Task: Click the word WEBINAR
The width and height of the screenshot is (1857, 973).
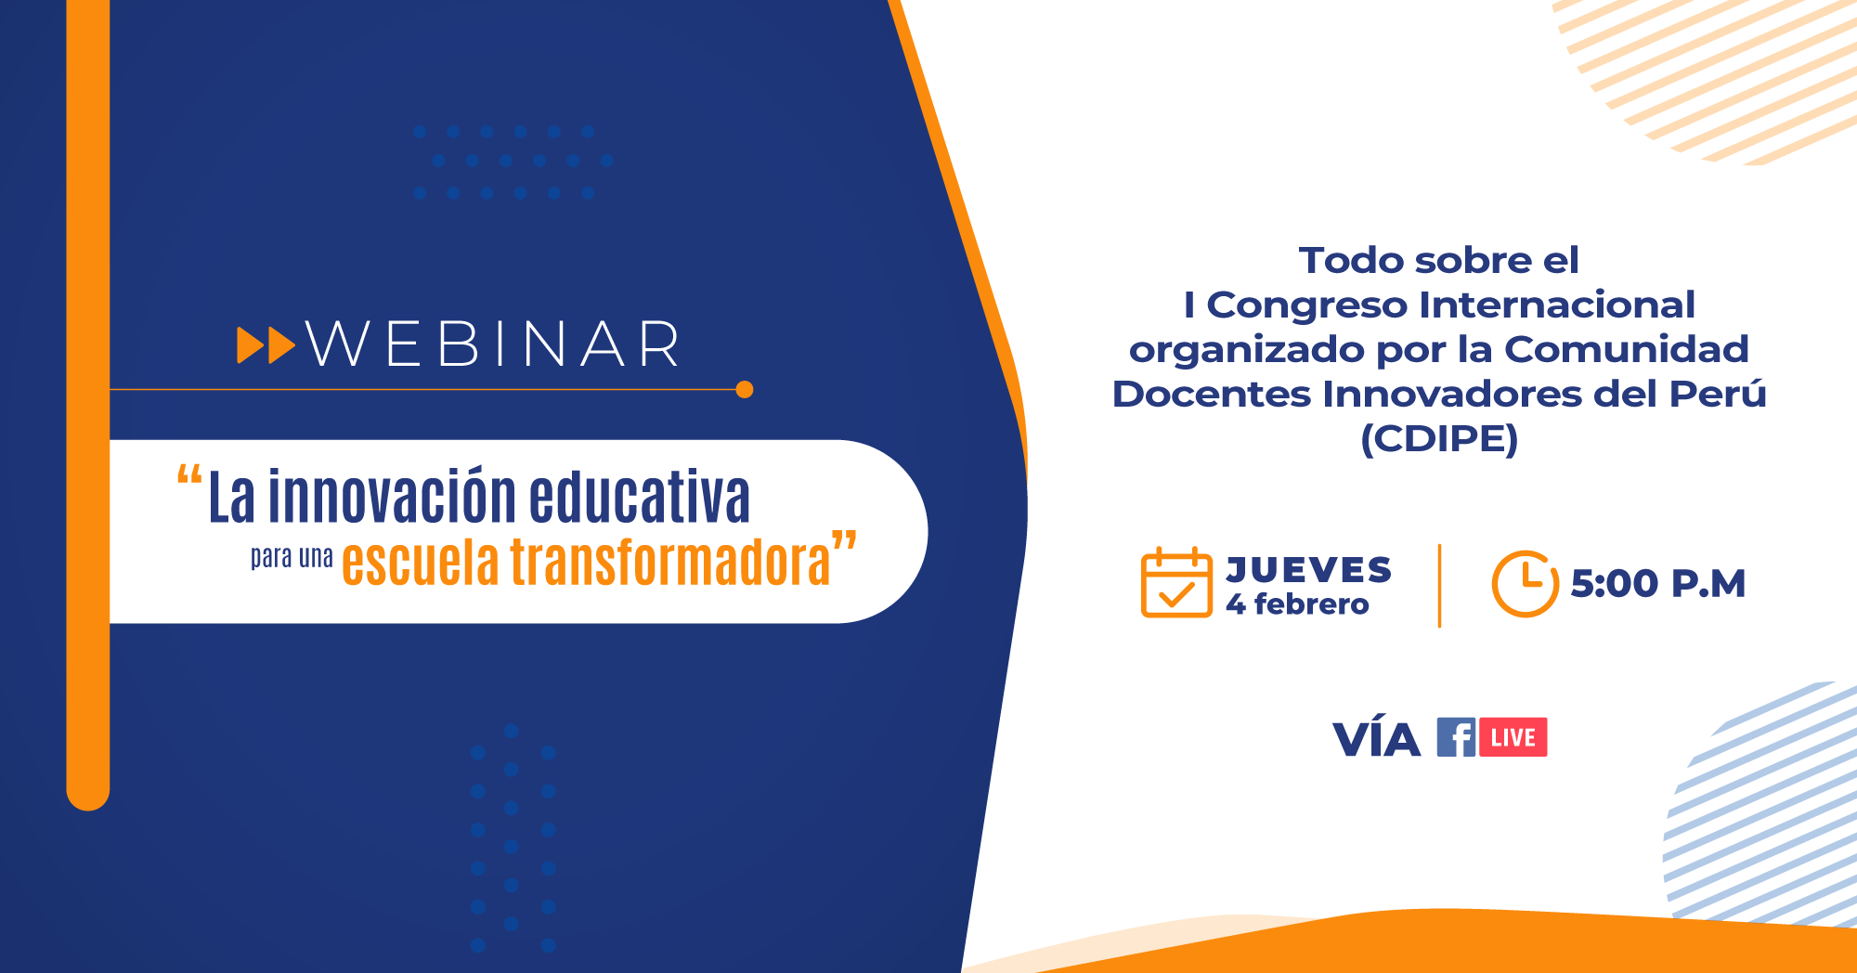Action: (493, 344)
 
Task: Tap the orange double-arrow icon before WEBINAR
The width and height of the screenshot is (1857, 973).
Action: (266, 345)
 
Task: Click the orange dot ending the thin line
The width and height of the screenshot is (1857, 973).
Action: (744, 389)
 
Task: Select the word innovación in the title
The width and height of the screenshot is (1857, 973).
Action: (393, 496)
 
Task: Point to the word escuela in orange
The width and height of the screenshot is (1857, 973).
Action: (421, 561)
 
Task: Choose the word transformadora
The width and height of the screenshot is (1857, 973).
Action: (670, 561)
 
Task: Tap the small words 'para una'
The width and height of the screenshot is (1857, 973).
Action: (292, 557)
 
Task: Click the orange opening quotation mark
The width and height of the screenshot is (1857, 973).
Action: (189, 476)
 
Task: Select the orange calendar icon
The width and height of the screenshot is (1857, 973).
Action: (1176, 582)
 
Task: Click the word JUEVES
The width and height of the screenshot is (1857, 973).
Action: (1308, 569)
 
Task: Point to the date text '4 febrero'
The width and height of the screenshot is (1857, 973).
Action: (1297, 604)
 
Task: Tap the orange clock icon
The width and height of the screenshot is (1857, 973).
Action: (1525, 584)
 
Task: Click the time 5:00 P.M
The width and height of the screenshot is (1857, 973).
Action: (1658, 584)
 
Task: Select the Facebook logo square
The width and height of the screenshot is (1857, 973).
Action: (1456, 737)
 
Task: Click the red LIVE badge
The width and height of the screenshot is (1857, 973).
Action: (1513, 737)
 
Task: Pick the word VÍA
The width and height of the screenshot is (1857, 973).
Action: (1376, 738)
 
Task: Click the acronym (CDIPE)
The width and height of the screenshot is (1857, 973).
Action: (1439, 439)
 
